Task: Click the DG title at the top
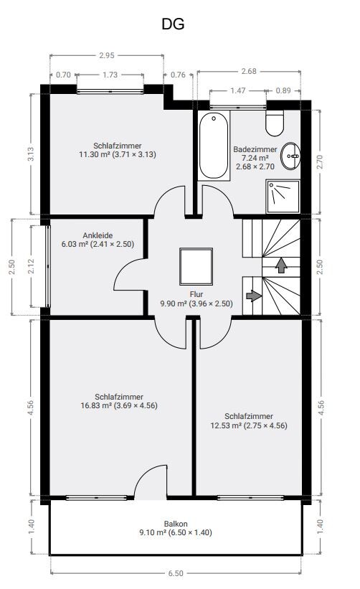click(173, 24)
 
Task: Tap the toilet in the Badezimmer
click(275, 123)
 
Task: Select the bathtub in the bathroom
click(214, 146)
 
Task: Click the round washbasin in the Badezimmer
click(291, 156)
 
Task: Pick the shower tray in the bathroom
click(283, 197)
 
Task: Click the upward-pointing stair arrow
click(281, 265)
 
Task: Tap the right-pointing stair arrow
click(254, 296)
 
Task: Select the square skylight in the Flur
click(196, 266)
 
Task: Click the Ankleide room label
click(98, 235)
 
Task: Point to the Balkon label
click(176, 524)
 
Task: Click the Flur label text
click(196, 294)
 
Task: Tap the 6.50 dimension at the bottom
click(176, 573)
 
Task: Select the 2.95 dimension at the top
click(107, 55)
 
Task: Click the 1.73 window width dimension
click(110, 75)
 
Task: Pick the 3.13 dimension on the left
click(31, 154)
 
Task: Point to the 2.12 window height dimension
click(31, 266)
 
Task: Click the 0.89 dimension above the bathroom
click(283, 90)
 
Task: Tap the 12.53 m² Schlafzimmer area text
click(249, 425)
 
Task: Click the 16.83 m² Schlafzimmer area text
click(119, 405)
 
